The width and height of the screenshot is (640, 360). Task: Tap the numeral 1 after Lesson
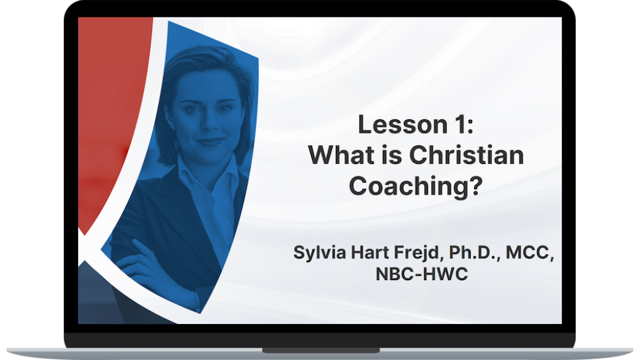(457, 125)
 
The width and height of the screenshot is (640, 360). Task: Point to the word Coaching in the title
(407, 186)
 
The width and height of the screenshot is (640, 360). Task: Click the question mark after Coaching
(475, 186)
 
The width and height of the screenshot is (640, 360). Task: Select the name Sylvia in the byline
(319, 253)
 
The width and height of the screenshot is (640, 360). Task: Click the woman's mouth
(210, 141)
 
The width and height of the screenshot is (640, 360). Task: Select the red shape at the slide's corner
(107, 100)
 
